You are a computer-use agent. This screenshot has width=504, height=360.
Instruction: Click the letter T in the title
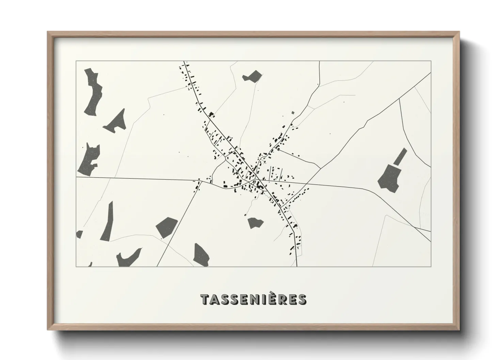click(205, 299)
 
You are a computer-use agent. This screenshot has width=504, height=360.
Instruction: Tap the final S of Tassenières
click(302, 299)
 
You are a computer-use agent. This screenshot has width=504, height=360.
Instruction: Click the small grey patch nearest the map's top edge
click(252, 76)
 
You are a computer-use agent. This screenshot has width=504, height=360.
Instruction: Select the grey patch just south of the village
click(255, 223)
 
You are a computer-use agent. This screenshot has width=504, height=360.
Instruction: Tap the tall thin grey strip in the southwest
click(107, 221)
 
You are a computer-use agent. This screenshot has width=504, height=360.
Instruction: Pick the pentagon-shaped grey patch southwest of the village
click(167, 226)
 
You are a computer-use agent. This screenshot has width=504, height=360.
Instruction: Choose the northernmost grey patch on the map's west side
click(93, 91)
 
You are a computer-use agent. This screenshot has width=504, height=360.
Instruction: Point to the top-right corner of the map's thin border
click(431, 61)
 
